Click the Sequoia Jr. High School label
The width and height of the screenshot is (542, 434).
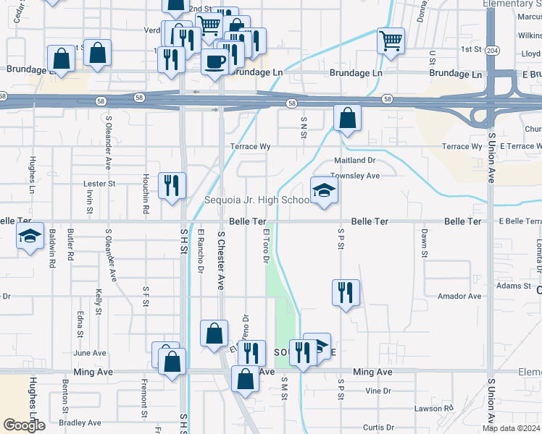point(257,200)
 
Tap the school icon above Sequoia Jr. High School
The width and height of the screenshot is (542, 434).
point(325,190)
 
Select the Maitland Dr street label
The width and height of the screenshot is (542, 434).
point(354,160)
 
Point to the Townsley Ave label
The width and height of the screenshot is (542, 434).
point(355,176)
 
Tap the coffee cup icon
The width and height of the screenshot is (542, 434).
point(215,61)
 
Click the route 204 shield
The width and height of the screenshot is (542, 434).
point(492,51)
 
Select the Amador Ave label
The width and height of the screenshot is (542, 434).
point(459,297)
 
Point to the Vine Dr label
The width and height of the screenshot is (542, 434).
point(378,391)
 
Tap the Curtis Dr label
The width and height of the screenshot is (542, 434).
point(378,427)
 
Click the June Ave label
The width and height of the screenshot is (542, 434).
point(90,353)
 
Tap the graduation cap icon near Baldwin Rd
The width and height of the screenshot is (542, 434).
point(30,237)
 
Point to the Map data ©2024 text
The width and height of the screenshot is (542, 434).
point(512,428)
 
